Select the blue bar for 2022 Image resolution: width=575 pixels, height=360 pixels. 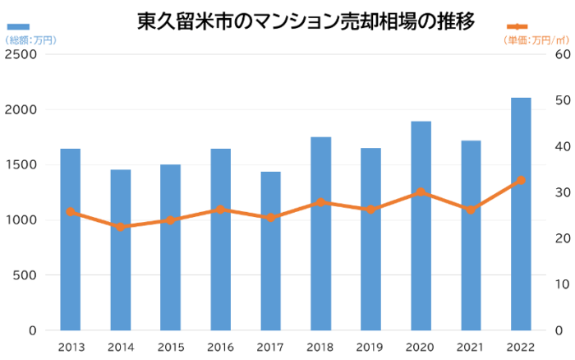521,214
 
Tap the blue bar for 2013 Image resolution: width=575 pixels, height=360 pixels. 71,239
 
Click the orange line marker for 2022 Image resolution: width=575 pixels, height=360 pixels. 521,180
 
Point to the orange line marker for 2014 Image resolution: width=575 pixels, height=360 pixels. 121,227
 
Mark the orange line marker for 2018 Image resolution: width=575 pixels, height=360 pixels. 321,202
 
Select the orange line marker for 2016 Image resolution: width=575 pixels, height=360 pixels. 221,210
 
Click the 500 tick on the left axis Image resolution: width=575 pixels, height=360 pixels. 25,275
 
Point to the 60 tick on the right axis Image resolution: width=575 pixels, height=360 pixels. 563,54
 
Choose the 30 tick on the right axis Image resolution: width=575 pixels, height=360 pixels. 563,192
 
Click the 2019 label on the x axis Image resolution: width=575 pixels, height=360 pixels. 370,346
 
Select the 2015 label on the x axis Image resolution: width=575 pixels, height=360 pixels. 171,346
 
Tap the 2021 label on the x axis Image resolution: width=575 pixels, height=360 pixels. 471,346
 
